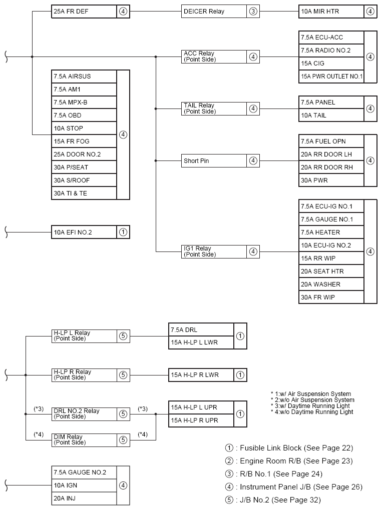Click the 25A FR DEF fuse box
click(84, 11)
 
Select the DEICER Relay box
click(214, 11)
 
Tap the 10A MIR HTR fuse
click(331, 11)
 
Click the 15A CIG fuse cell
click(331, 63)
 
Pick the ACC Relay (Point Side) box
click(214, 56)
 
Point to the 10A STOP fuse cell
click(84, 128)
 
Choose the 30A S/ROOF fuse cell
click(84, 180)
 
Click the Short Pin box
click(214, 161)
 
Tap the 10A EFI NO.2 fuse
click(84, 232)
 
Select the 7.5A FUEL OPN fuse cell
click(331, 141)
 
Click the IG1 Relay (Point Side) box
click(214, 251)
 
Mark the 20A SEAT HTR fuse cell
click(331, 271)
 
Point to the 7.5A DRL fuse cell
click(201, 330)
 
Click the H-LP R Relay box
click(84, 374)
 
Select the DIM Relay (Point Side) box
click(84, 439)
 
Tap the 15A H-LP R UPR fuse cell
click(201, 420)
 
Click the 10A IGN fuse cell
click(84, 485)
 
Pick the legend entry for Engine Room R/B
click(289, 461)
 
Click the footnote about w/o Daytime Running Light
click(312, 412)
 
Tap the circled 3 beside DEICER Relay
click(253, 11)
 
